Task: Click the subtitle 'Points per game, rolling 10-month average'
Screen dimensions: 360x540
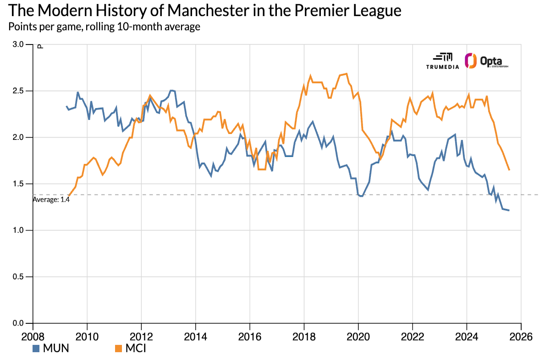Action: (x=104, y=27)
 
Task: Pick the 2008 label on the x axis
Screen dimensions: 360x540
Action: (x=33, y=337)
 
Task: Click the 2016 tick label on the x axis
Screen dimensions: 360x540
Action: (x=250, y=337)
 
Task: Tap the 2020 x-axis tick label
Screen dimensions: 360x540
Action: (x=358, y=337)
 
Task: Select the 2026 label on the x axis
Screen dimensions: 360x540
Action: (x=521, y=337)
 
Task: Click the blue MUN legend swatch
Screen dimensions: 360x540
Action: (x=36, y=349)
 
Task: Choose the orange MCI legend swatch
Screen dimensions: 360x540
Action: (x=118, y=349)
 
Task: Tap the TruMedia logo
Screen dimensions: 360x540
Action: (x=443, y=61)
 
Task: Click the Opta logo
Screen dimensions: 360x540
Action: (x=486, y=61)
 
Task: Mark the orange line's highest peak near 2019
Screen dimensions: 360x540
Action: (x=346, y=73)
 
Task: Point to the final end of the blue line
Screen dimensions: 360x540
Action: (x=509, y=210)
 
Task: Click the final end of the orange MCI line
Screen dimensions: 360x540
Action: (x=509, y=170)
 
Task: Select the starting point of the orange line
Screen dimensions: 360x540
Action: (x=68, y=195)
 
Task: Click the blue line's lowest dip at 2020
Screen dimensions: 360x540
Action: (x=361, y=196)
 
